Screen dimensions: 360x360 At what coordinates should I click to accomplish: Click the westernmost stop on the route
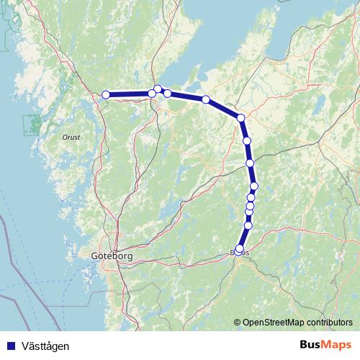(106, 94)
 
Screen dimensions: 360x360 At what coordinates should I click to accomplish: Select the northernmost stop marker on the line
(158, 89)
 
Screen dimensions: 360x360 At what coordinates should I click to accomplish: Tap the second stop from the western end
(152, 94)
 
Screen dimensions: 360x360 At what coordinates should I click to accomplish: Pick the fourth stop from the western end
(168, 93)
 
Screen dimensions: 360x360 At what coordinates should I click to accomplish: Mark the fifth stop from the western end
(206, 99)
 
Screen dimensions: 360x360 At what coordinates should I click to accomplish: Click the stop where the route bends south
(240, 117)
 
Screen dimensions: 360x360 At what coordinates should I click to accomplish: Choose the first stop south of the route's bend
(246, 140)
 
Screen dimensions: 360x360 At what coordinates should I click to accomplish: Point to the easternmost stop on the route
(253, 186)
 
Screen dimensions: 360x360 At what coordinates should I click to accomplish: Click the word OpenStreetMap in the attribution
(274, 322)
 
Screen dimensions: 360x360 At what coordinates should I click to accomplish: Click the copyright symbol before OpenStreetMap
(238, 322)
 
